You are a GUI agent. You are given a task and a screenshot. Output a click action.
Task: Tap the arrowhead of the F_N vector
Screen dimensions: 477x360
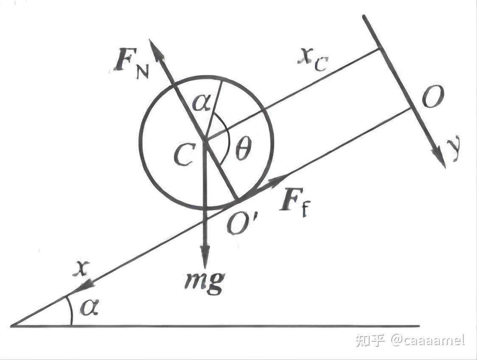click(x=156, y=51)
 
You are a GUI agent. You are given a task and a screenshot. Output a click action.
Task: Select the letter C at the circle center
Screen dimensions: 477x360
click(x=185, y=154)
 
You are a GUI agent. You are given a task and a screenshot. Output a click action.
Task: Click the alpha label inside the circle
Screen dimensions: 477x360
click(x=202, y=103)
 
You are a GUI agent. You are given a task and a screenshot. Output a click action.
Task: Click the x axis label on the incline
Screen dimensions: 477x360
click(x=81, y=269)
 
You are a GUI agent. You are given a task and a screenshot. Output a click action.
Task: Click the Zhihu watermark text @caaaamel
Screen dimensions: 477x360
click(x=427, y=340)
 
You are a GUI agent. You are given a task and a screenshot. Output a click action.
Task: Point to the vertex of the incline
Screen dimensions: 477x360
click(x=11, y=326)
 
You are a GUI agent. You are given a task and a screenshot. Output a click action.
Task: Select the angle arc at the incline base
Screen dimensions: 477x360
click(x=70, y=310)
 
